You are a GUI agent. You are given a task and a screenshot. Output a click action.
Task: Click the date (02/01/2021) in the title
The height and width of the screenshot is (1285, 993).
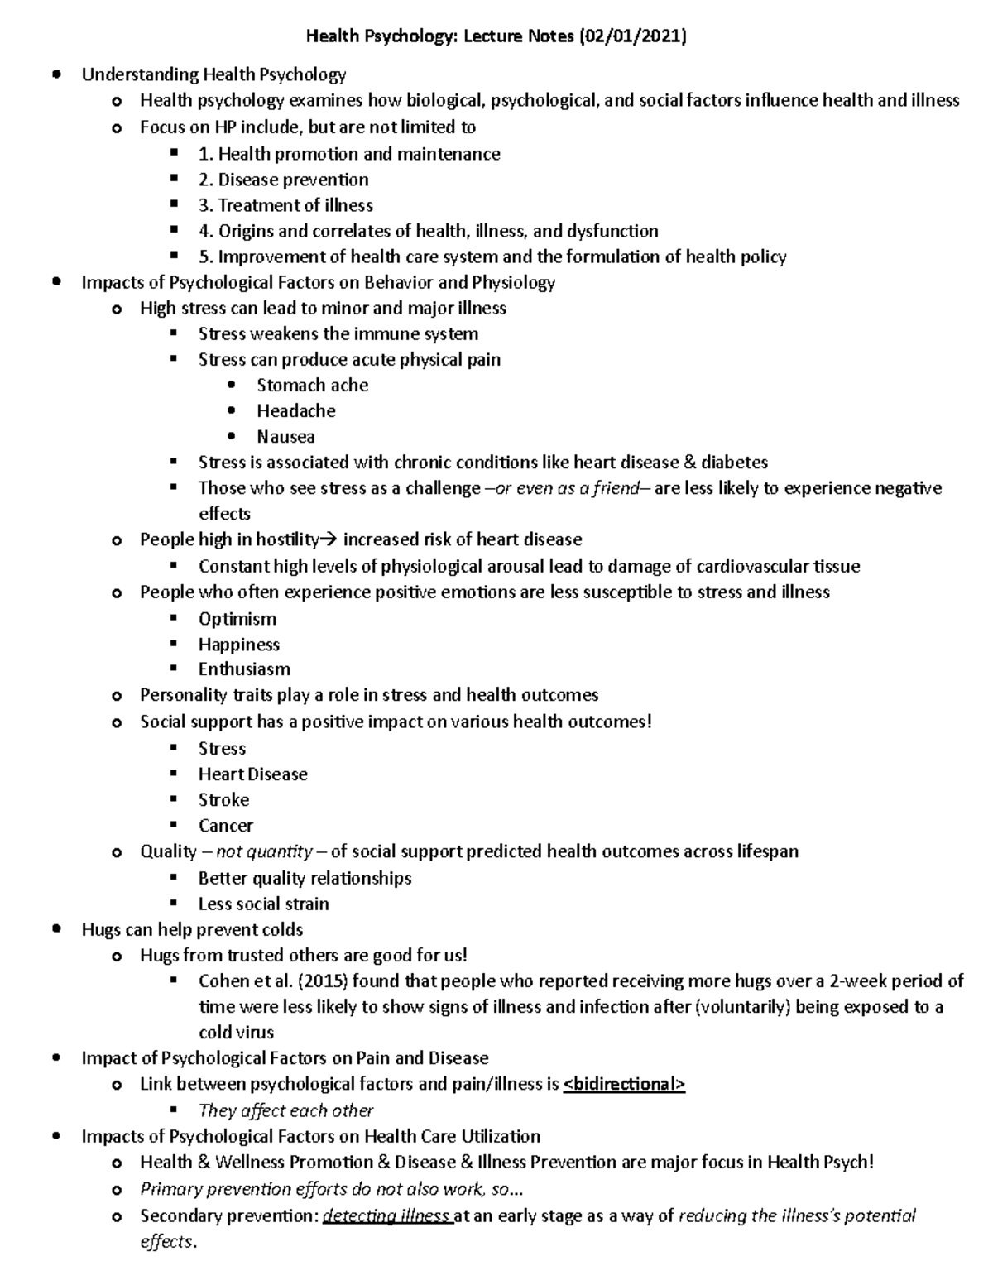(633, 36)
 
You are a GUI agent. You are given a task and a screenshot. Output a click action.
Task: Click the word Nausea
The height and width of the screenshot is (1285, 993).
(285, 436)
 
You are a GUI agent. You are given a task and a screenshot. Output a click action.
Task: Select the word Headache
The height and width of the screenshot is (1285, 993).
(295, 410)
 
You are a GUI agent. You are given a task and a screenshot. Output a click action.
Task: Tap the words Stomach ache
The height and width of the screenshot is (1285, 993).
(312, 385)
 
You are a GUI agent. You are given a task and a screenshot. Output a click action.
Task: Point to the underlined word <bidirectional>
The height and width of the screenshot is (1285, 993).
(624, 1084)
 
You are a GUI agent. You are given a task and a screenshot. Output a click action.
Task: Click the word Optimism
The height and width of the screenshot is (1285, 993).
(237, 619)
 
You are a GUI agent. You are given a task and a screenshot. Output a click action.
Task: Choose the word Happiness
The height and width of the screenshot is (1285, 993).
(238, 645)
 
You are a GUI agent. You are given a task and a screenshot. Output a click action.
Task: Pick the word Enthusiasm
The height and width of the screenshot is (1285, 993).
(244, 669)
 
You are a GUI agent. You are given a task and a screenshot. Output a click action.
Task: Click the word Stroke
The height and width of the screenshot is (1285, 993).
(223, 800)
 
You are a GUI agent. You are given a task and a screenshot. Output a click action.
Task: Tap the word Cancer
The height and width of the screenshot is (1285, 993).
(225, 826)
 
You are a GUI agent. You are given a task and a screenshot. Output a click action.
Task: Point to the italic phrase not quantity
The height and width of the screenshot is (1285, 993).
(264, 851)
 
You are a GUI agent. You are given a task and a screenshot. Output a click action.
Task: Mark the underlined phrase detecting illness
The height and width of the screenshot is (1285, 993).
(386, 1216)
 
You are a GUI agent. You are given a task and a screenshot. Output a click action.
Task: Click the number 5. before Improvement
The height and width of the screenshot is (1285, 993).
(205, 257)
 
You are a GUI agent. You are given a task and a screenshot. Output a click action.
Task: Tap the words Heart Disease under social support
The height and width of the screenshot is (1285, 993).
(252, 774)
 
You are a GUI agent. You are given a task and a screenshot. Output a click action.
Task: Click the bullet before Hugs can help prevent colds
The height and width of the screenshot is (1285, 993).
(56, 929)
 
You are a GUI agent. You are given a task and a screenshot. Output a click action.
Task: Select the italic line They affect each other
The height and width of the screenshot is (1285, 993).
(285, 1110)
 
